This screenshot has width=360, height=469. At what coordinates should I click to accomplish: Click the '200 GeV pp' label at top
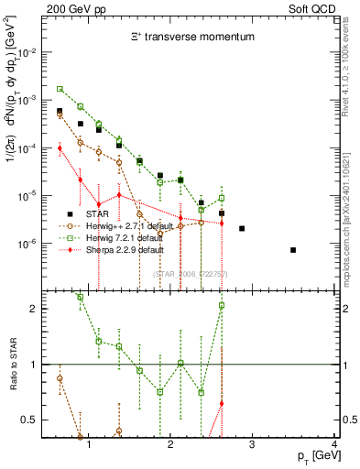click(x=71, y=7)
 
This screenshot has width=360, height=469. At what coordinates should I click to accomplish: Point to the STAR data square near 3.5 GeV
click(x=293, y=250)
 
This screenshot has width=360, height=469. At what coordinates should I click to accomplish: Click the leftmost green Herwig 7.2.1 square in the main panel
click(x=60, y=89)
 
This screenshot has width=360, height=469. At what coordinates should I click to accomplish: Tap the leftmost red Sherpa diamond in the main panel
click(x=60, y=147)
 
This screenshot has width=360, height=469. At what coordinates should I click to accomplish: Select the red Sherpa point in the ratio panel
click(x=222, y=403)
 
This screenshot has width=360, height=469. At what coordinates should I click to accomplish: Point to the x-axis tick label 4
click(x=334, y=445)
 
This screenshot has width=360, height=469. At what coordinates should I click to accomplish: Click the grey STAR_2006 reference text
click(x=189, y=274)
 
